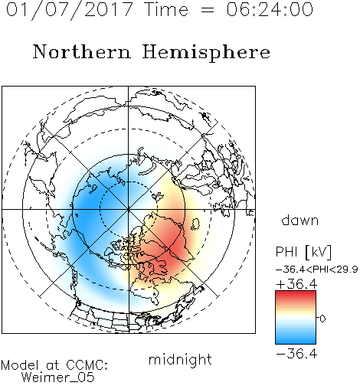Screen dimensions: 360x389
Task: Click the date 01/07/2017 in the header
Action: point(70,10)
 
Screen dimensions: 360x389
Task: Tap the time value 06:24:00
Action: point(270,10)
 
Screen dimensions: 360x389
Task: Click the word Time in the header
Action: point(166,10)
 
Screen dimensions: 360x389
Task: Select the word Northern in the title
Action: point(82,51)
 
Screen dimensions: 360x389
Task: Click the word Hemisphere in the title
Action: point(206,53)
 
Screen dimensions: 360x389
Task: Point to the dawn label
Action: point(300,220)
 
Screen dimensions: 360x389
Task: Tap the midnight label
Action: point(180,360)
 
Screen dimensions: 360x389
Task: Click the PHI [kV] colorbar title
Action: point(304,252)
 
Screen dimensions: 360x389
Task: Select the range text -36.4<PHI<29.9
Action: point(317,270)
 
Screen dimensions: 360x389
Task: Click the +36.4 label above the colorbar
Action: point(296,284)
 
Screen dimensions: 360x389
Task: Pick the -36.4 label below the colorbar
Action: point(296,354)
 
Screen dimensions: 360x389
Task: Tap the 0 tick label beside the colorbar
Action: point(322,319)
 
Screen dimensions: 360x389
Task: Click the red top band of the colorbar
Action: point(296,293)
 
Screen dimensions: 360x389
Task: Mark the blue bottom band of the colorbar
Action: point(296,341)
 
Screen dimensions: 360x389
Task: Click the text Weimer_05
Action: point(58,378)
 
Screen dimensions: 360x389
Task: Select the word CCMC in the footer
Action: point(87,365)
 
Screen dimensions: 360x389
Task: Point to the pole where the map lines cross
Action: point(129,209)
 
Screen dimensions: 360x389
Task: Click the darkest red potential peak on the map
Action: point(171,248)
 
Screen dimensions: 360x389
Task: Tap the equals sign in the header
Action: point(208,10)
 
